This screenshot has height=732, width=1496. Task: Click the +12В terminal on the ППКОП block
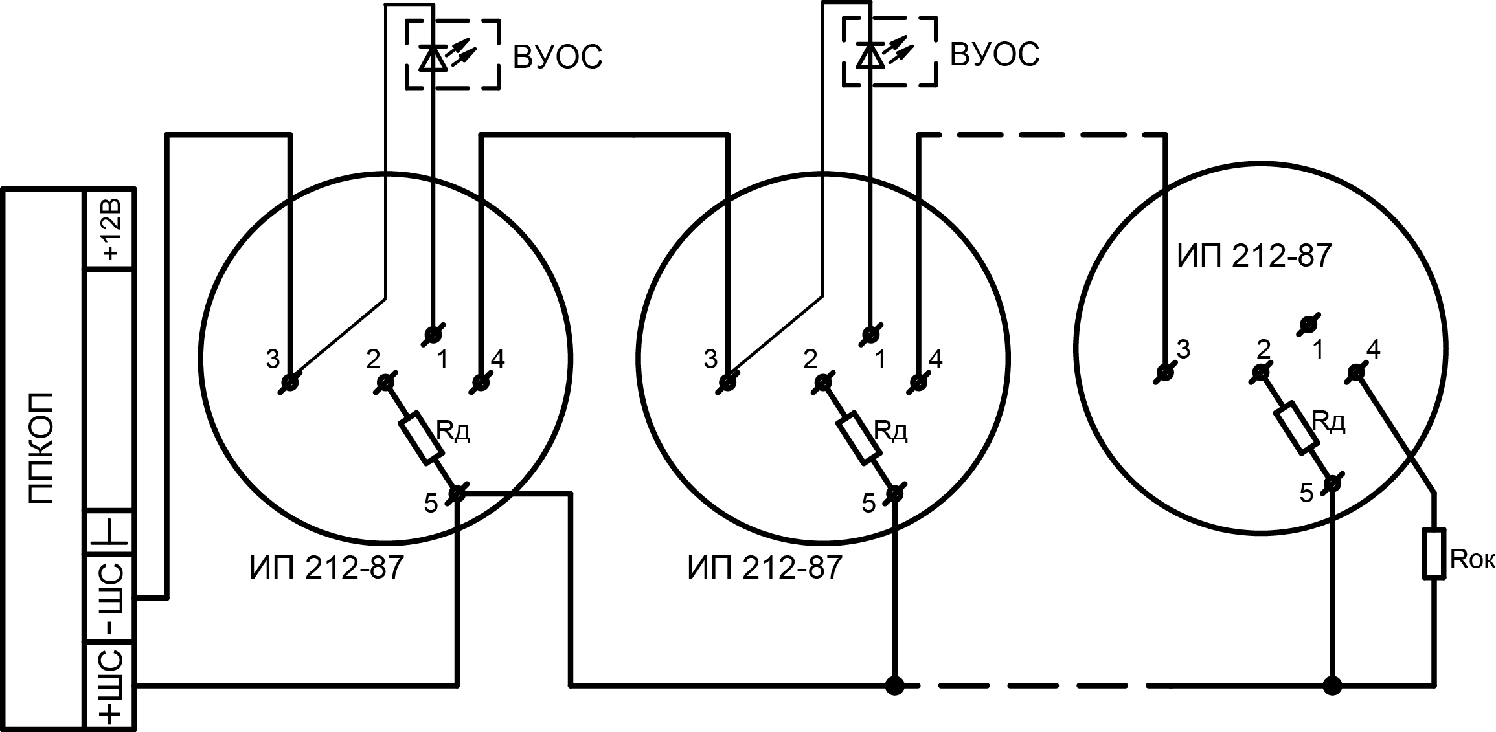[111, 228]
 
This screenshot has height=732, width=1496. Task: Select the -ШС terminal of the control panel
[111, 598]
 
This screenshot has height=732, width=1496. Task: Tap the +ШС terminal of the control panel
[111, 685]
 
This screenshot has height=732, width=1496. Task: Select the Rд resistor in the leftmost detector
[420, 438]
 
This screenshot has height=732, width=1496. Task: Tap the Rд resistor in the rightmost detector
[1297, 427]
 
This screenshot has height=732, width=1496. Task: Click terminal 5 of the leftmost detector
[457, 494]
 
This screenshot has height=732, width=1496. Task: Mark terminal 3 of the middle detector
[729, 383]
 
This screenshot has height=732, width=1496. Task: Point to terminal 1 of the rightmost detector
[1309, 324]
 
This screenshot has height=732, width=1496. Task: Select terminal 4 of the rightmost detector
[1355, 372]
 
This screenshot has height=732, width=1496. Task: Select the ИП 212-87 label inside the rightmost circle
[1254, 256]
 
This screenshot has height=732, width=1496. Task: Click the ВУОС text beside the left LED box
[558, 57]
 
